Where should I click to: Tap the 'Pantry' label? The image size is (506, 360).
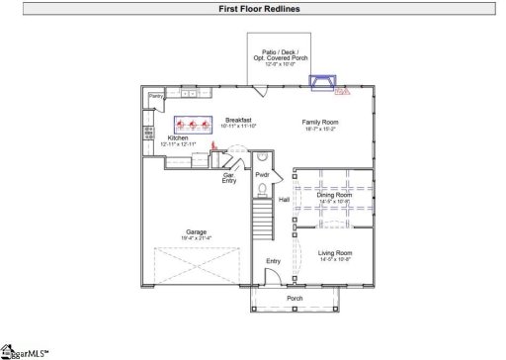click(155, 96)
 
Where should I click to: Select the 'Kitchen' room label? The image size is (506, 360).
click(178, 138)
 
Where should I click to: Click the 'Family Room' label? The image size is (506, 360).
click(319, 122)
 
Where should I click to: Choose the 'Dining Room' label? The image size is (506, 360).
click(334, 195)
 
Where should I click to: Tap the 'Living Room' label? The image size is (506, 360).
click(334, 253)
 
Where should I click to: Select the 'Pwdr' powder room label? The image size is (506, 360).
click(262, 175)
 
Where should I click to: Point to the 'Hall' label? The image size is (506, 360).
click(284, 200)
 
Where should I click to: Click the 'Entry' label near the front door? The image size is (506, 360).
click(273, 261)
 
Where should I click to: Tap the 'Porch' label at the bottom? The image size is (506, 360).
click(295, 298)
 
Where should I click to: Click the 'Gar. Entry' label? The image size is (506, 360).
click(228, 178)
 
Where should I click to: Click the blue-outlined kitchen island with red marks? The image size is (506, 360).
click(194, 125)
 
